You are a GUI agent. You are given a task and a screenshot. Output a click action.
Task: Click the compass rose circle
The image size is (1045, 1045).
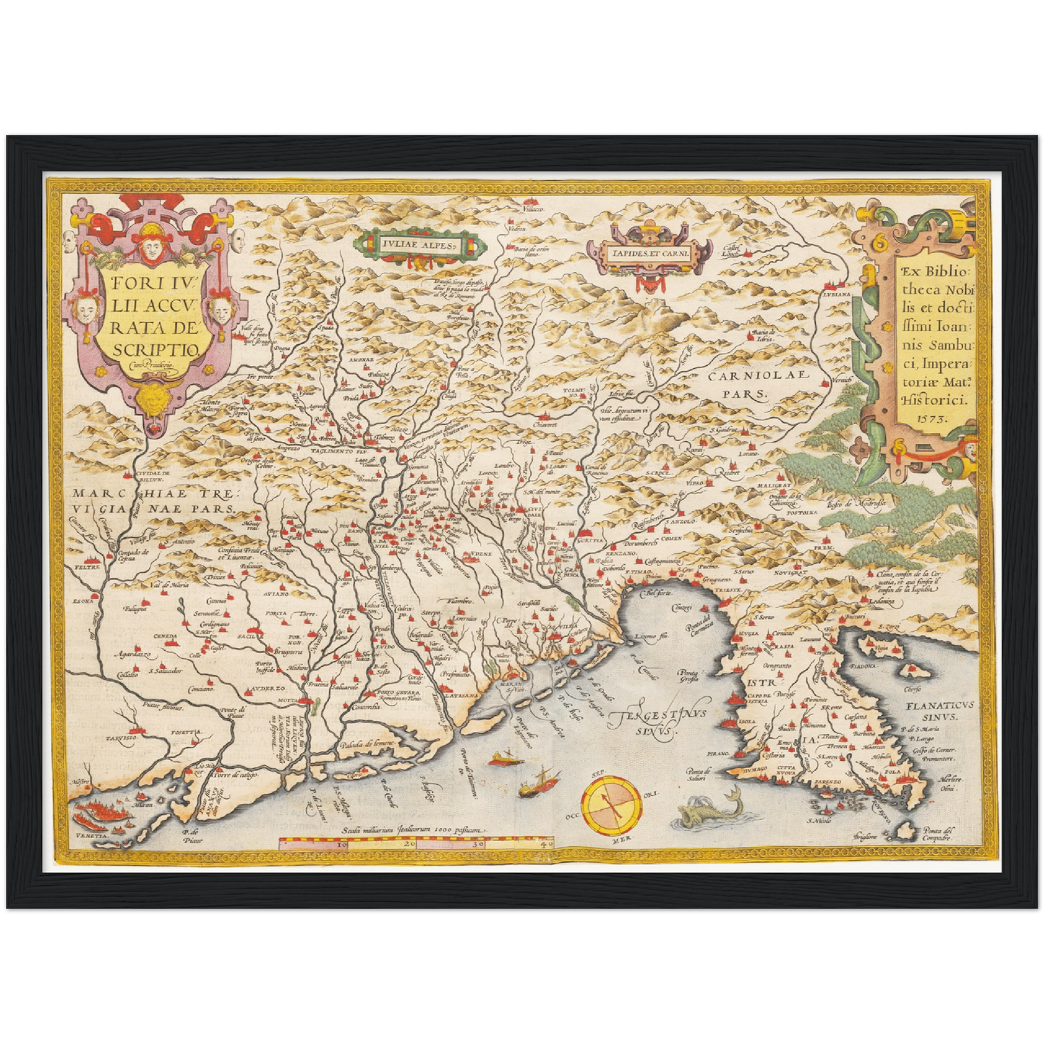(612, 805)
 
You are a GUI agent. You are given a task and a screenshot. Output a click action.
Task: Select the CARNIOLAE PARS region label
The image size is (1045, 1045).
(748, 385)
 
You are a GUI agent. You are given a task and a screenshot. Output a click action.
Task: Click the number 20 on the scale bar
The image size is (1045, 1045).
(409, 843)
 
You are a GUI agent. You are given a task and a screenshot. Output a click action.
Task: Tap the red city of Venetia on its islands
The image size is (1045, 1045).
(101, 817)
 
